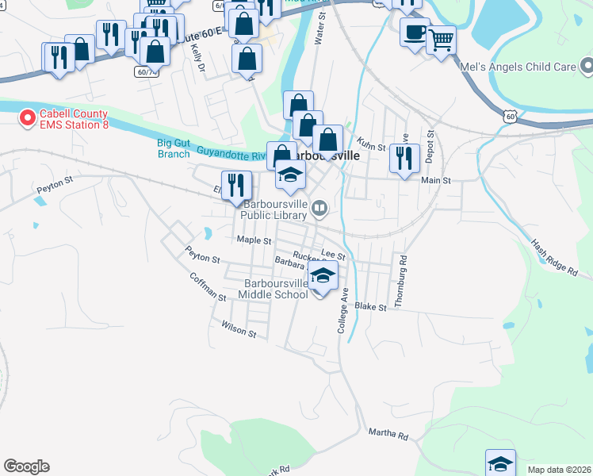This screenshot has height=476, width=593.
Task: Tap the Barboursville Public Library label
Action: click(274, 209)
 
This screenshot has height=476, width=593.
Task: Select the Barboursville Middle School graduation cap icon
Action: click(322, 275)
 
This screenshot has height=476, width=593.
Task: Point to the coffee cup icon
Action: click(414, 33)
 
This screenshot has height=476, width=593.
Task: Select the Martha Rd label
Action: click(388, 434)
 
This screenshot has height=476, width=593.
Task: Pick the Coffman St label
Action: click(208, 286)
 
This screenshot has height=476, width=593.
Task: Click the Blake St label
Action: click(370, 306)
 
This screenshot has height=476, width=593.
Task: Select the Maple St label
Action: click(254, 240)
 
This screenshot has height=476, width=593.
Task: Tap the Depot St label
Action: click(430, 146)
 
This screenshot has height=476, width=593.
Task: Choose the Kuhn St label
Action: click(370, 147)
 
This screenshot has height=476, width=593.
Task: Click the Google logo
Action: click(26, 466)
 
